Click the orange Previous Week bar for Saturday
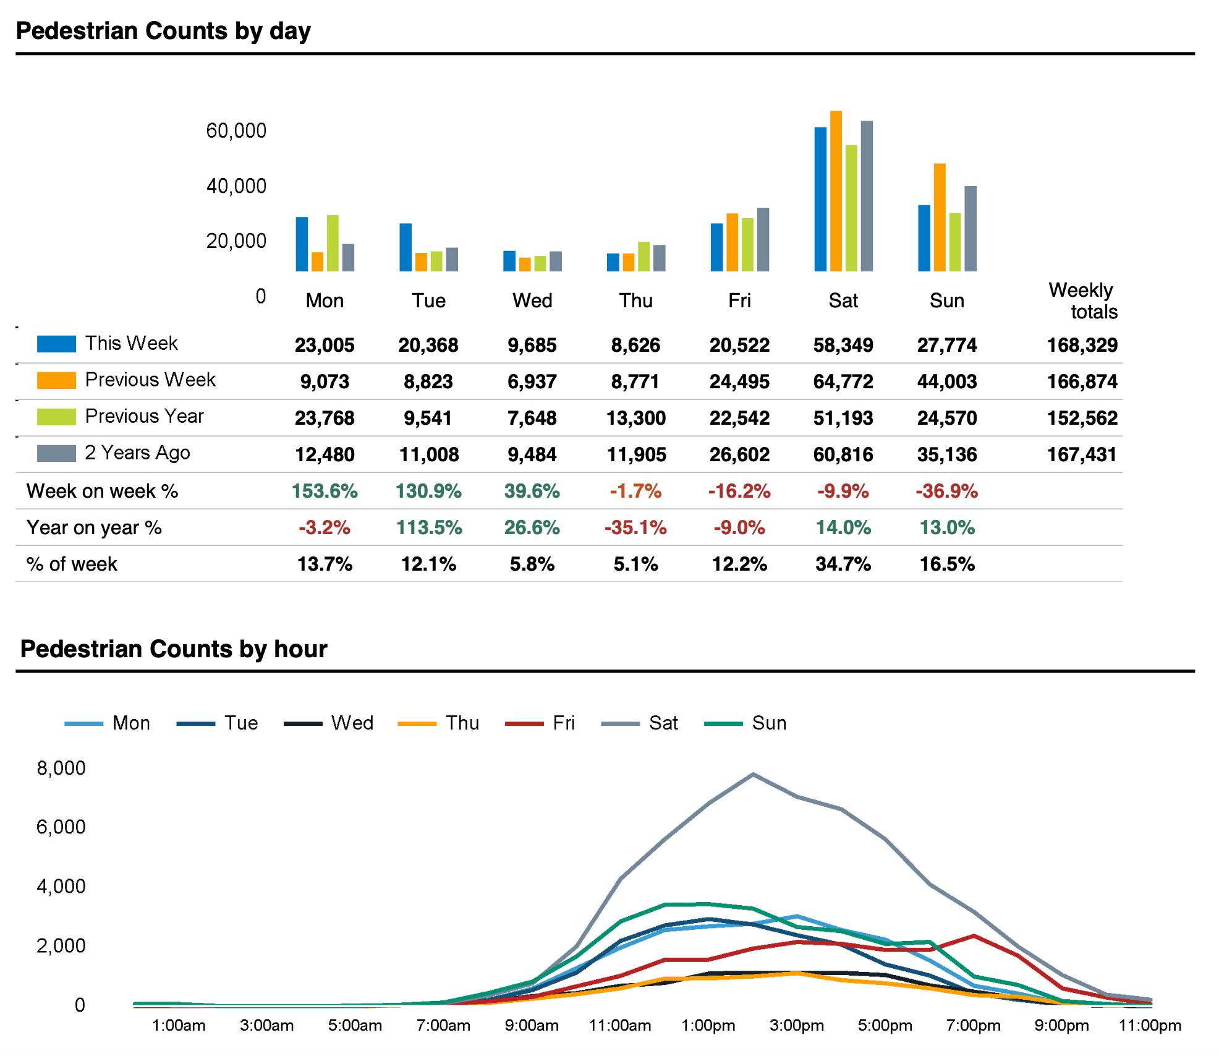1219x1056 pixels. click(x=836, y=191)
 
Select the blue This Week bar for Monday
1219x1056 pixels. click(x=302, y=244)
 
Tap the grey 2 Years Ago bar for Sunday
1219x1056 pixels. click(x=971, y=229)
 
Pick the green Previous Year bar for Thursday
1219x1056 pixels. click(x=643, y=257)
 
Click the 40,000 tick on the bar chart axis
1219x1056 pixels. click(x=236, y=186)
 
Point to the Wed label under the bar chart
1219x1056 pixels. click(x=532, y=301)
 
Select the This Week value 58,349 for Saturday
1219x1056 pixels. click(x=843, y=345)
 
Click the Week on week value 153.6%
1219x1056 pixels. click(x=325, y=492)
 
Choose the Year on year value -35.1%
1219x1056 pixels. click(x=635, y=528)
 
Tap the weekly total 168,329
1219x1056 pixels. click(x=1082, y=345)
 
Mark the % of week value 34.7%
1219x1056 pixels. click(x=843, y=564)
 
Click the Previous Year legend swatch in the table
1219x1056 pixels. click(x=56, y=417)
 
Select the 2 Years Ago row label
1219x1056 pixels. click(x=137, y=453)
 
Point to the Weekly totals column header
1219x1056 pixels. click(x=1083, y=300)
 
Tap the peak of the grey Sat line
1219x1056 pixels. click(x=752, y=774)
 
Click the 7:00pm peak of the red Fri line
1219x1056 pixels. click(x=974, y=936)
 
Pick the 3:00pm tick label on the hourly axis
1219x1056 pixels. click(x=796, y=1026)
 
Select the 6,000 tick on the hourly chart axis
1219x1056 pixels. click(x=61, y=827)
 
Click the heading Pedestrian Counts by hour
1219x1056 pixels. click(x=174, y=649)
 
